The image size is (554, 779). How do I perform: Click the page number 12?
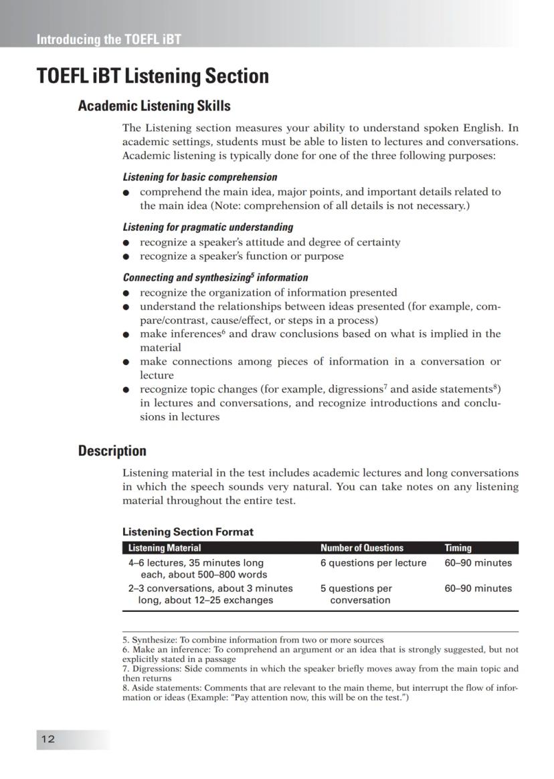click(48, 739)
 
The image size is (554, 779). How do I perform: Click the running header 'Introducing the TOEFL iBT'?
click(108, 39)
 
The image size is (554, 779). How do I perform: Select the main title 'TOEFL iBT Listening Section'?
click(153, 76)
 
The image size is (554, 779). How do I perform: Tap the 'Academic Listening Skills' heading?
click(154, 106)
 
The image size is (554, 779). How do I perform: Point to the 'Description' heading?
click(112, 451)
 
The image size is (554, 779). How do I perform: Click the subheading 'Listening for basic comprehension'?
click(199, 177)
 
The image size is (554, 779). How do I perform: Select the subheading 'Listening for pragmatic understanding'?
click(207, 227)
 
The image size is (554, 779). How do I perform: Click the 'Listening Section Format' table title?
click(187, 532)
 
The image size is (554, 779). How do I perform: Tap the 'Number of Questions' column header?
click(361, 548)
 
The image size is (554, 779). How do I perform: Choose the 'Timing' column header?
click(458, 548)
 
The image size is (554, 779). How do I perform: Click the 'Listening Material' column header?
click(165, 548)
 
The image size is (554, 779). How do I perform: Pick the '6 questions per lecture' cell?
click(373, 563)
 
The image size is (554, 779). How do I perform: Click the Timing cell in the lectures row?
click(478, 563)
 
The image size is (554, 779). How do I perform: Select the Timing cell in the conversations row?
click(478, 588)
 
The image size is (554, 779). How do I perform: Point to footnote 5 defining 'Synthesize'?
click(253, 640)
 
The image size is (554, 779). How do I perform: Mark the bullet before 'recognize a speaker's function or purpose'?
click(126, 257)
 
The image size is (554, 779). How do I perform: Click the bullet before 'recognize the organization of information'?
click(126, 293)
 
